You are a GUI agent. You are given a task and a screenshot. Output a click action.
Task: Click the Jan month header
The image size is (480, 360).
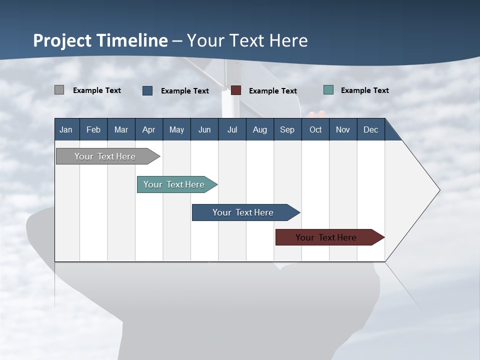[x=66, y=129]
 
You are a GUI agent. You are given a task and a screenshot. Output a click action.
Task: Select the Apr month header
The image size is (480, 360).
[x=149, y=129]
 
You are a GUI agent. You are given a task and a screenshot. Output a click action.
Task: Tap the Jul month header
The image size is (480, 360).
[x=232, y=129]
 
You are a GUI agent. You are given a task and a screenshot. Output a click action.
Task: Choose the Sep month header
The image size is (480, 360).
[x=287, y=129]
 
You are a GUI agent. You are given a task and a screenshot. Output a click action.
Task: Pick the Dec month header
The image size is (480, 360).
[x=370, y=129]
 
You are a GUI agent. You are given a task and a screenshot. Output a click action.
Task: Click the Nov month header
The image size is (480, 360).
[x=343, y=129]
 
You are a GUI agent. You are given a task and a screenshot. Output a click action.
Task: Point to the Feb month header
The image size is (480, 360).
[x=93, y=129]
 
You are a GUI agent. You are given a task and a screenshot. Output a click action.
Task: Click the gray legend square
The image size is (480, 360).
[x=59, y=90]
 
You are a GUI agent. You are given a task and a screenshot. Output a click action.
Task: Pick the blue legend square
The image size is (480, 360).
[x=147, y=90]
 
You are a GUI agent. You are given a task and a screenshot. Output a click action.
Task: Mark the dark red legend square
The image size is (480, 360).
[x=236, y=90]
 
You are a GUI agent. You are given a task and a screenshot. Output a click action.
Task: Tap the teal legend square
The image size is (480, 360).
[x=328, y=90]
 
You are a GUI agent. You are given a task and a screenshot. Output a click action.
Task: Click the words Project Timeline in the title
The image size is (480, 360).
[x=100, y=40]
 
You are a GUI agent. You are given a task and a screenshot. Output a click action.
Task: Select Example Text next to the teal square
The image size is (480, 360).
[x=364, y=90]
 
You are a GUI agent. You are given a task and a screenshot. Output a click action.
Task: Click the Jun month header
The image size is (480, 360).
[x=204, y=129]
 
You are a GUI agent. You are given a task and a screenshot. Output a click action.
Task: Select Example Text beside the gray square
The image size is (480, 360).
[x=97, y=90]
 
